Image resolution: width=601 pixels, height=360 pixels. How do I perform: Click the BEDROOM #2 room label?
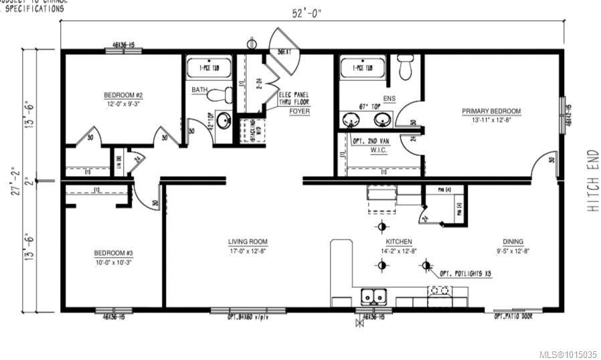(x=123, y=95)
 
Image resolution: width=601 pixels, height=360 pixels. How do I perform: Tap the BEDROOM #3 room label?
(x=113, y=253)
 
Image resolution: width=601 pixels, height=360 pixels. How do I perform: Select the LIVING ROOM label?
(x=247, y=242)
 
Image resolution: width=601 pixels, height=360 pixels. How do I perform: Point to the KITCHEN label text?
(x=398, y=242)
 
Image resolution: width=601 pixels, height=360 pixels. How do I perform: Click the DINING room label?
(x=513, y=242)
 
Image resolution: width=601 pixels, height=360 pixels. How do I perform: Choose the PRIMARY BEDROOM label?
(x=491, y=111)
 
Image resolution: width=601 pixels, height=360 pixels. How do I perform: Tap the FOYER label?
(x=299, y=111)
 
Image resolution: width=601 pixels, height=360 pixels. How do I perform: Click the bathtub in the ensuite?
(x=362, y=68)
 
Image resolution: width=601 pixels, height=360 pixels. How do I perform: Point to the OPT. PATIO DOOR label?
(x=513, y=317)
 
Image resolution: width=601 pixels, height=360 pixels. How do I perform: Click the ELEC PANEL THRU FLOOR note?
(x=294, y=99)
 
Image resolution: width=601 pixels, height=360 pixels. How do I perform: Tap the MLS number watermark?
(x=568, y=354)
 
